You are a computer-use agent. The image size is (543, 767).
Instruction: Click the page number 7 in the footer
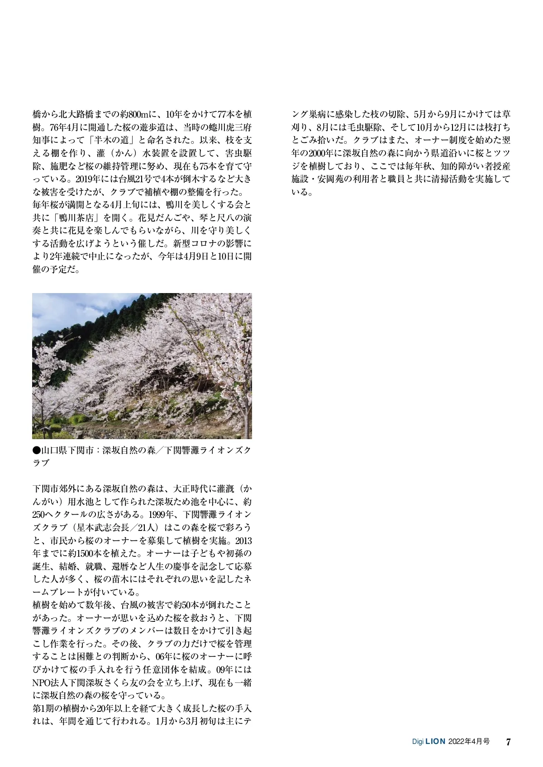coord(508,742)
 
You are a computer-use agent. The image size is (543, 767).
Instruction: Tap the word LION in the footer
coord(436,742)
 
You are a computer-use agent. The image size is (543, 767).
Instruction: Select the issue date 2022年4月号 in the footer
coord(469,742)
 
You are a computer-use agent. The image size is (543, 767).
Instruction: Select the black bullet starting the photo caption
coord(37,450)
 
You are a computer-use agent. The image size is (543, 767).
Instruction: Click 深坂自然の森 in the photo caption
coord(129,450)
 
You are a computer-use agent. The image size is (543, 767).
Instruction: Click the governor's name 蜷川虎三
coord(224,127)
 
